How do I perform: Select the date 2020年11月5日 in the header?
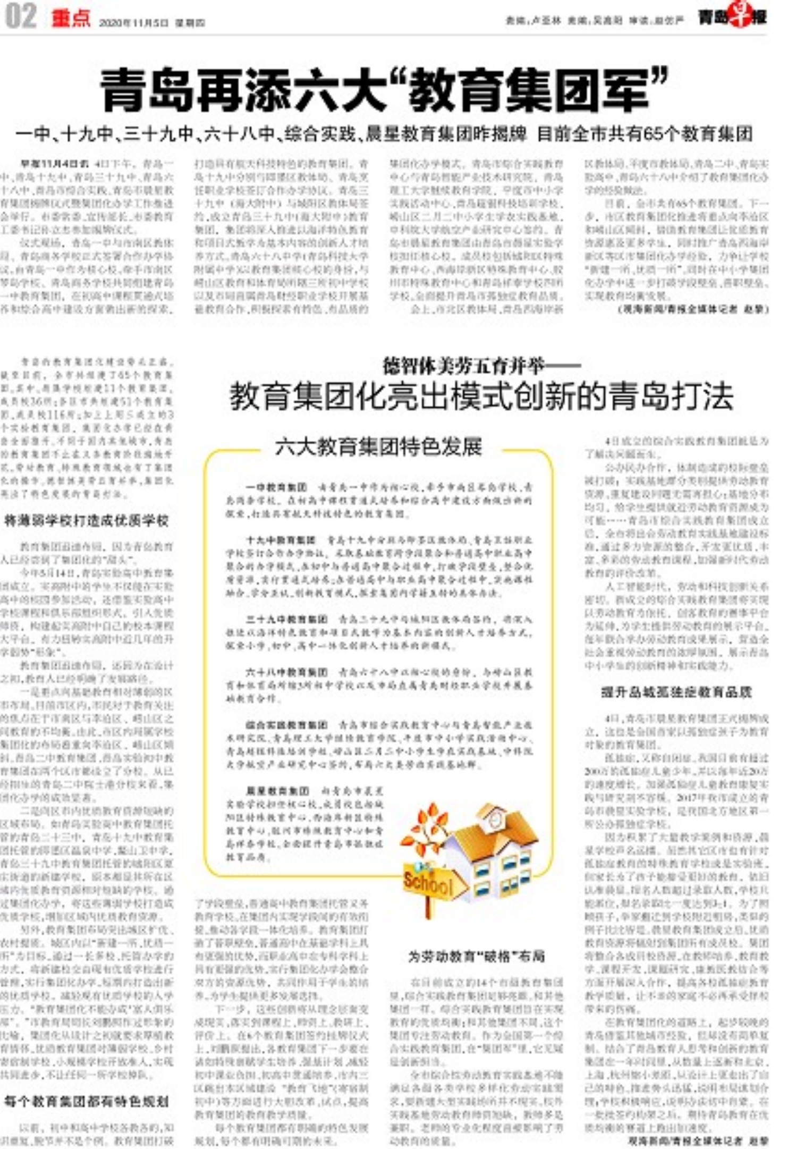click(134, 23)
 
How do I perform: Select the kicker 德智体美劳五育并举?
click(464, 366)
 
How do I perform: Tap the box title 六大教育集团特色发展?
click(378, 446)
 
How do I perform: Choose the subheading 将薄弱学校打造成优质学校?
click(86, 520)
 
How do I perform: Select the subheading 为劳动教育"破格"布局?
click(477, 957)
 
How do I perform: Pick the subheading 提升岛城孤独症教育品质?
click(676, 692)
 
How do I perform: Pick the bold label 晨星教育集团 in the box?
click(277, 790)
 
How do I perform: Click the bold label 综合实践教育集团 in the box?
click(286, 724)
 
